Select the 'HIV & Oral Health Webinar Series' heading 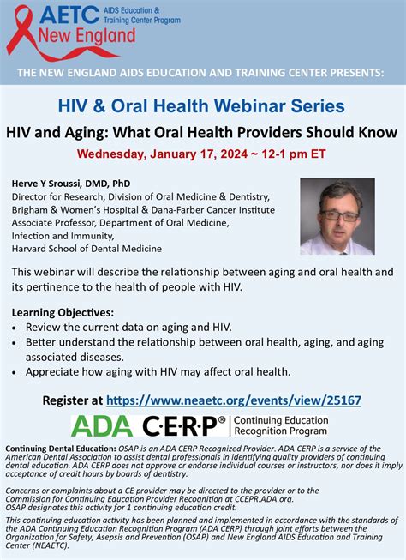coord(202,106)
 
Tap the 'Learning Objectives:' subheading coord(63,313)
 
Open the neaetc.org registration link coord(234,400)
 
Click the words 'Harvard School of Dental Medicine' coord(87,249)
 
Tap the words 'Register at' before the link coord(73,400)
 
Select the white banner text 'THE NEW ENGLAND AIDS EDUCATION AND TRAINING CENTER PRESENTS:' coord(202,74)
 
